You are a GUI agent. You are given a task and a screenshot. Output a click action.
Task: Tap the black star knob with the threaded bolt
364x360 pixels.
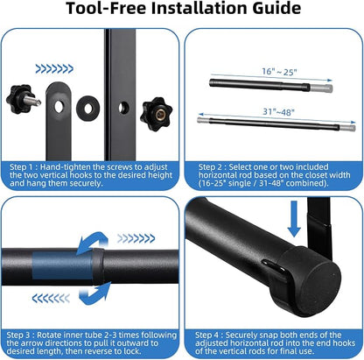(x=23, y=99)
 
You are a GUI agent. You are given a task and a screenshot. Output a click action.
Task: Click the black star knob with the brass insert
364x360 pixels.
(x=156, y=114)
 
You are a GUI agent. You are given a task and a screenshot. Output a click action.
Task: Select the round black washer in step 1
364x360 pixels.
(x=88, y=109)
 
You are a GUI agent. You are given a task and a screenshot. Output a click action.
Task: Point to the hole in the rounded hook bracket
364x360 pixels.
(x=59, y=107)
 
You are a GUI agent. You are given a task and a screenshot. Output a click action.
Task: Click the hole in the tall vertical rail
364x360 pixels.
(x=123, y=108)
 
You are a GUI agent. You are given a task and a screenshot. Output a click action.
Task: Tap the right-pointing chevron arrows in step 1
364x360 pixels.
(x=54, y=69)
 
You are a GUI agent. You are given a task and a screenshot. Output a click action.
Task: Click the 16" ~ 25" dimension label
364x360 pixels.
(x=279, y=72)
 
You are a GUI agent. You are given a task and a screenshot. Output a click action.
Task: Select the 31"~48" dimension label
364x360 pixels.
(x=278, y=111)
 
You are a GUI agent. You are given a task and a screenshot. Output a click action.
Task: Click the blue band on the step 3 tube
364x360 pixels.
(x=62, y=265)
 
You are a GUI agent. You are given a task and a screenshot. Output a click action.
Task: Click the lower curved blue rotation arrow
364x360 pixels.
(x=95, y=294)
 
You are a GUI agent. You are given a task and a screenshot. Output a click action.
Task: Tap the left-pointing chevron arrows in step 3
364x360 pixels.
(x=51, y=299)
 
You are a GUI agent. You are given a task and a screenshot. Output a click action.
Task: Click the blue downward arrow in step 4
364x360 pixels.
(x=294, y=219)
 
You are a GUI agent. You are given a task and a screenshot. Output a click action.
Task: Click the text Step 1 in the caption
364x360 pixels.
(x=22, y=167)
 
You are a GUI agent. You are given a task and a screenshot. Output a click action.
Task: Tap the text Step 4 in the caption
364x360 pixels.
(x=207, y=335)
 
